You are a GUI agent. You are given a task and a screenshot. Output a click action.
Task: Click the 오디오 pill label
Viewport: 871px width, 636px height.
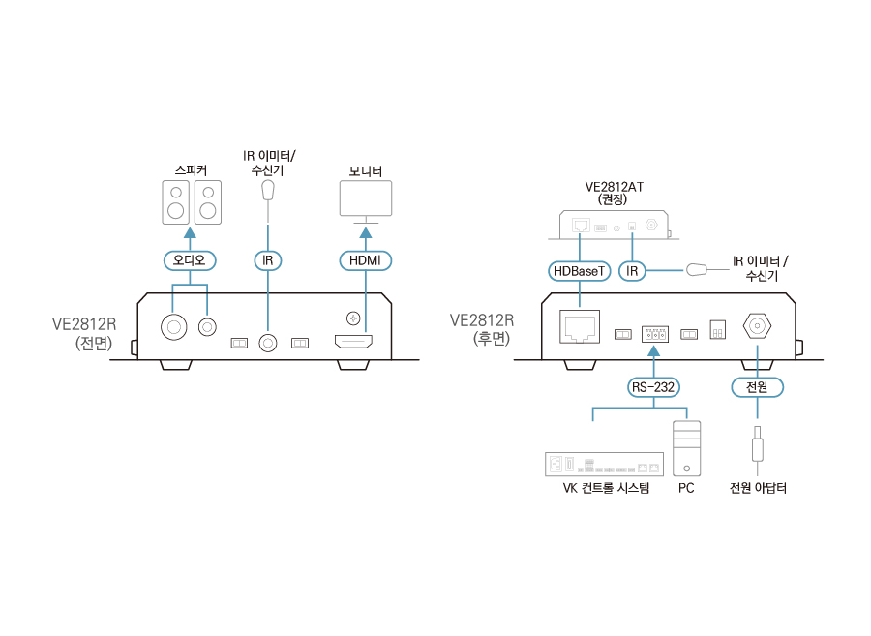tap(190, 260)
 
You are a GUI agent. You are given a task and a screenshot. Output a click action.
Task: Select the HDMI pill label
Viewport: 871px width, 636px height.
tap(365, 260)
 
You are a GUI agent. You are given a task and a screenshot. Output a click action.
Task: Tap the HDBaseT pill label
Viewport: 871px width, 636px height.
tap(578, 271)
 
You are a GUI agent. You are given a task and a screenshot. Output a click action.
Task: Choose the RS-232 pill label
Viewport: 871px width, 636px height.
tap(654, 387)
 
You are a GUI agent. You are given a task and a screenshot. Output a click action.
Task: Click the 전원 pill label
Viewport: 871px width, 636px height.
tap(756, 387)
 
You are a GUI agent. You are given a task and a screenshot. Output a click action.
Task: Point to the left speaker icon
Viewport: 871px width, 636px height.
tap(175, 202)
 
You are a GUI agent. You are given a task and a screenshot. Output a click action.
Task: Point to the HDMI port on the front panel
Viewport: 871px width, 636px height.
tap(353, 341)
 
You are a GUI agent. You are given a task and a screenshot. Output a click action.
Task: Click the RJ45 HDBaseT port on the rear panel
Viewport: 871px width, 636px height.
tap(580, 326)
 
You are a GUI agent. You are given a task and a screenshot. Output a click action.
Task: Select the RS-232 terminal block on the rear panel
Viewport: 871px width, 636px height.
tap(655, 334)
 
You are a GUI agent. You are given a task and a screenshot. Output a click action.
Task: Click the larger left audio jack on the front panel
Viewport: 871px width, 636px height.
tap(175, 326)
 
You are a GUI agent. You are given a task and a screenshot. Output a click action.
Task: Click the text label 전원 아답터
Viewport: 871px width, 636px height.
tap(758, 488)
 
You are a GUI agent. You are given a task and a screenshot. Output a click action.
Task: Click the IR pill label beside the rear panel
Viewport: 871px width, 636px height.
tap(632, 271)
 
